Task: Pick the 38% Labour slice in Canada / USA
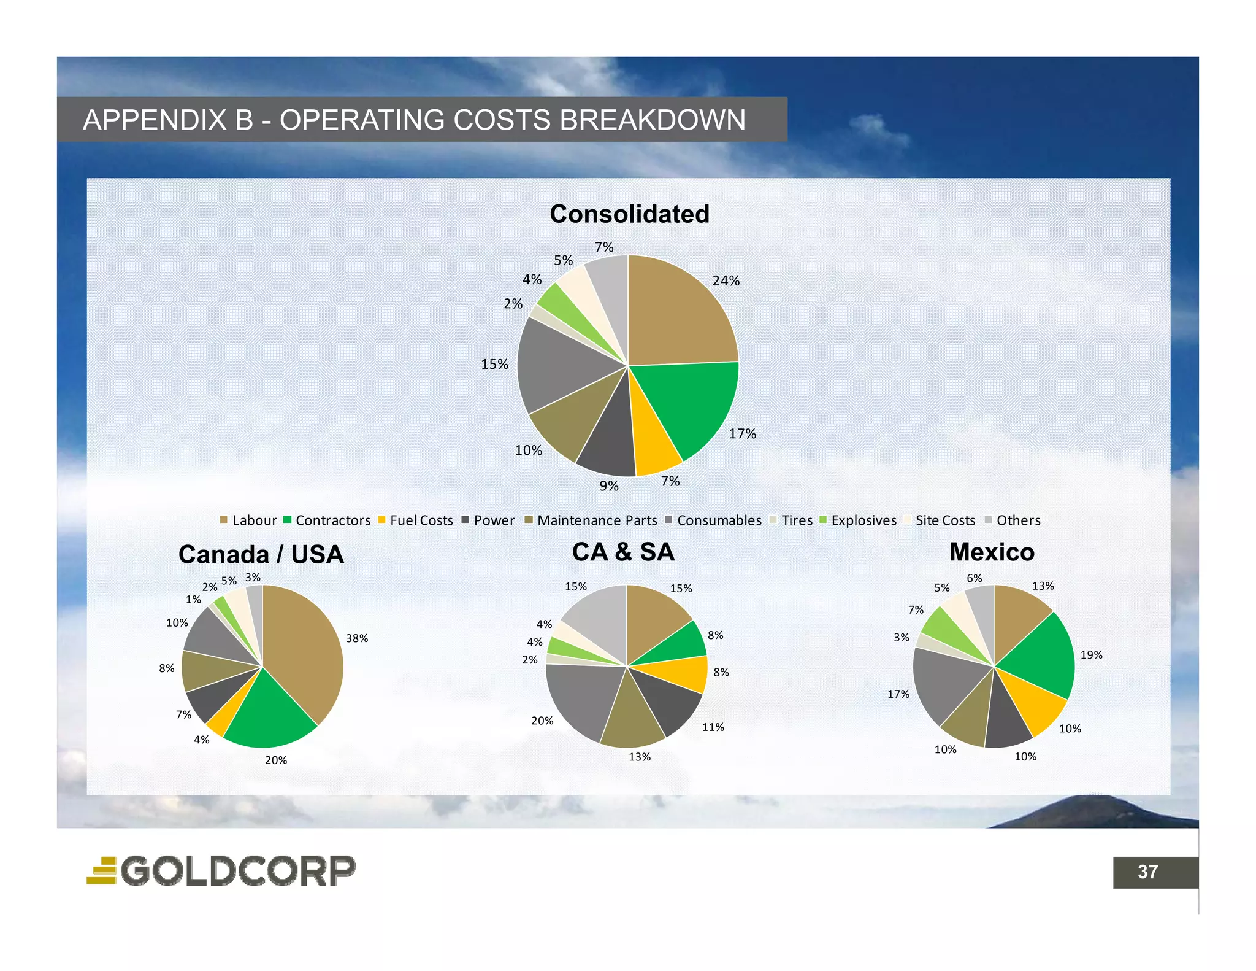point(304,651)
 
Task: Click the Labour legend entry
point(248,520)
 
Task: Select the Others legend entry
point(1013,520)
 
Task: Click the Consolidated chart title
point(629,214)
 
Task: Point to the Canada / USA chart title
point(261,554)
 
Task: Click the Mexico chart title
point(992,552)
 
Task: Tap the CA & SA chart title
point(623,552)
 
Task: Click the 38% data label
point(357,638)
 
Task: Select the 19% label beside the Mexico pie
point(1091,655)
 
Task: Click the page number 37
point(1147,872)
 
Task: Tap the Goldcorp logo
point(221,870)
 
